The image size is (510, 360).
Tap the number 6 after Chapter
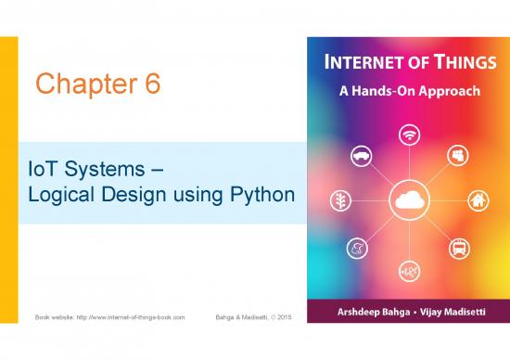pos(150,84)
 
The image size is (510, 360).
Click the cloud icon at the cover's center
pos(407,200)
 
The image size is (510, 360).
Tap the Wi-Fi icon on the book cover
pos(407,134)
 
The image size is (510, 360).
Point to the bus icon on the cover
pos(457,247)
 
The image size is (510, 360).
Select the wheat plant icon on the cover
pos(341,200)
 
